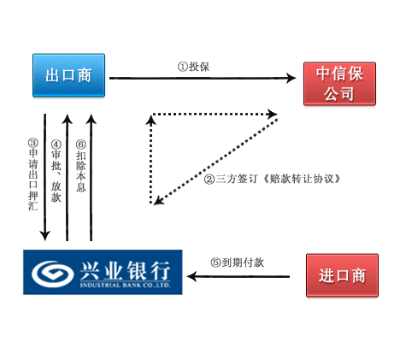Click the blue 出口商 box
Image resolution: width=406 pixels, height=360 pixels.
(x=68, y=75)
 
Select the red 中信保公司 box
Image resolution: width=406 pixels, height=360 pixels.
(x=339, y=84)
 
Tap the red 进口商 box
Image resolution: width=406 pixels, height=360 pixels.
(x=342, y=275)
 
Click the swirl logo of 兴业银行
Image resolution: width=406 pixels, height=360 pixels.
(x=51, y=273)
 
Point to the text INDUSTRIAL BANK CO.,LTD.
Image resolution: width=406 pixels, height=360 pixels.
(x=126, y=285)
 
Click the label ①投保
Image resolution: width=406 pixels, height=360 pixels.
(x=194, y=67)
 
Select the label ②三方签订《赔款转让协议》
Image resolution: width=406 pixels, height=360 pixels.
(x=273, y=179)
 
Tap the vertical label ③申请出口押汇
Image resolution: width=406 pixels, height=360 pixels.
(x=33, y=174)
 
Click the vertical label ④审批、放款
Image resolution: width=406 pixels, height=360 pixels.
(x=56, y=171)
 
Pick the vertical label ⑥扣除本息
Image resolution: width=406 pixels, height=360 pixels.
(x=81, y=166)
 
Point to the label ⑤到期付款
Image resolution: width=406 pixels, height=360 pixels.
(x=238, y=263)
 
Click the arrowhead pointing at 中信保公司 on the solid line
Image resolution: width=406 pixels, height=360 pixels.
(x=291, y=78)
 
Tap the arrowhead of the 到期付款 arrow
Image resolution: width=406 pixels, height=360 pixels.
(x=191, y=276)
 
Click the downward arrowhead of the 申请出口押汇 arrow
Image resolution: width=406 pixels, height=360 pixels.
(x=45, y=236)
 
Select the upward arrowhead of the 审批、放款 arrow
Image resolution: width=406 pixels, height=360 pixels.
(x=68, y=119)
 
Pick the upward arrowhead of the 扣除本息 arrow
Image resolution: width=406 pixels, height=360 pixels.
(x=91, y=119)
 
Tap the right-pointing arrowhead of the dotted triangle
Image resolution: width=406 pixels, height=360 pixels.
(x=273, y=114)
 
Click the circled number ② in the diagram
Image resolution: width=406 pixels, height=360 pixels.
(x=209, y=180)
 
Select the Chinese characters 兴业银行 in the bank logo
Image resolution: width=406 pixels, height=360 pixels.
(x=125, y=270)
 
